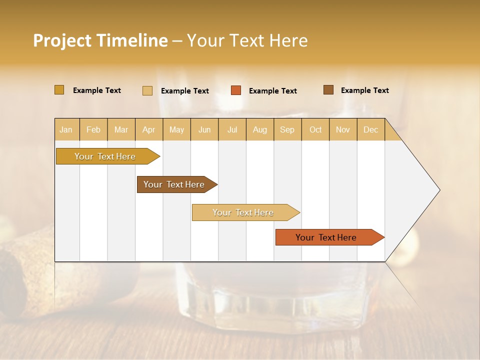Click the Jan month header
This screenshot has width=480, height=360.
pyautogui.click(x=66, y=129)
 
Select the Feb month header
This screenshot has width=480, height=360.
pyautogui.click(x=93, y=129)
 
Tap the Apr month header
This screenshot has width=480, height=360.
pyautogui.click(x=148, y=129)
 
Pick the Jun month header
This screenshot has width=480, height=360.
pyautogui.click(x=204, y=129)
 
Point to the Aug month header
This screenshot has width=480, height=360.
pyautogui.click(x=259, y=129)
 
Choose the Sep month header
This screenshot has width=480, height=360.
pyautogui.click(x=287, y=129)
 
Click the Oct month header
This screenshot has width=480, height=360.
pyautogui.click(x=315, y=129)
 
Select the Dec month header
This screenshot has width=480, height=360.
pyautogui.click(x=370, y=129)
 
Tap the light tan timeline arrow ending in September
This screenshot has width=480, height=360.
pyautogui.click(x=243, y=212)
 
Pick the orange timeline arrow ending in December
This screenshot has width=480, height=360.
pyautogui.click(x=326, y=237)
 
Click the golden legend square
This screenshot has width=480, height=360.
pyautogui.click(x=59, y=90)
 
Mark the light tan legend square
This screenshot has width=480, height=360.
pyautogui.click(x=147, y=90)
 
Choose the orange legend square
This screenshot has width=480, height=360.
pyautogui.click(x=236, y=90)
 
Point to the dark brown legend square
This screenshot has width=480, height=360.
pyautogui.click(x=328, y=90)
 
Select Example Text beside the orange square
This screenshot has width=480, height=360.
pyautogui.click(x=272, y=91)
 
